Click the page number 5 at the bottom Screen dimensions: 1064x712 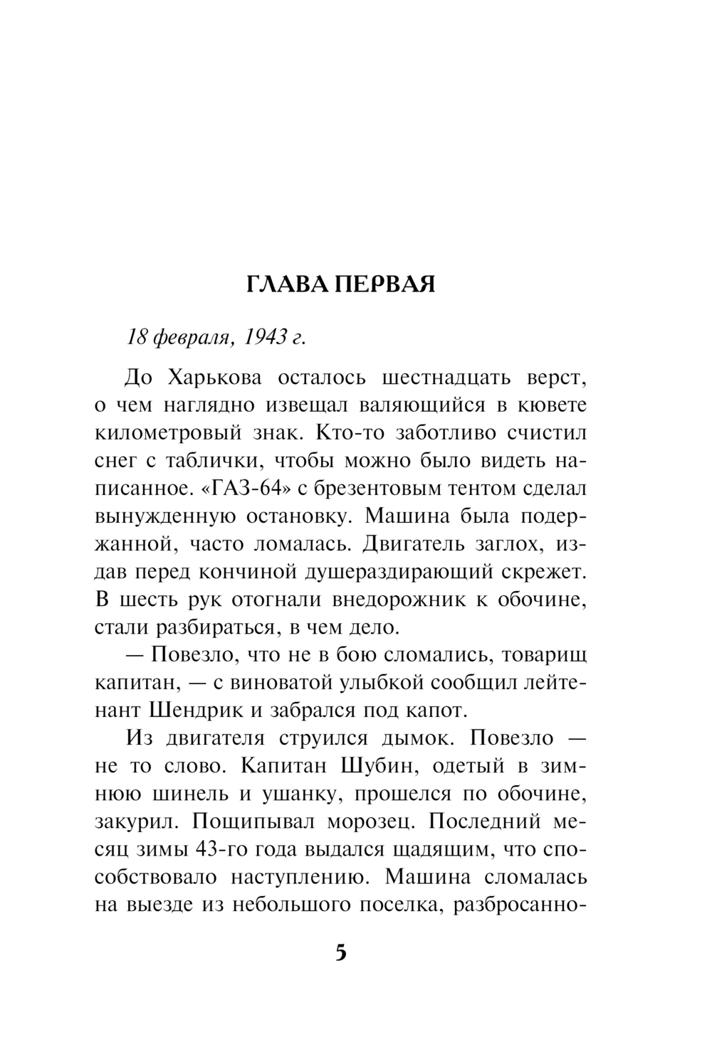click(340, 952)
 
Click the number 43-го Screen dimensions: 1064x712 click(226, 848)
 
